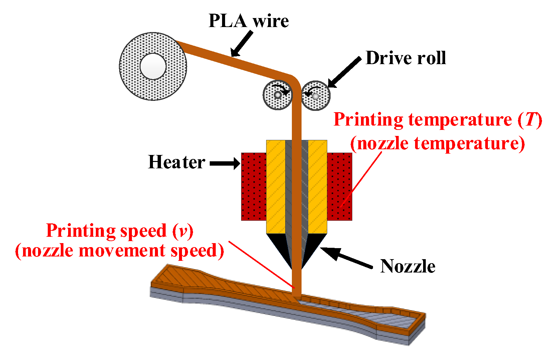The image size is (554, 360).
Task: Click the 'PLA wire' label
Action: (248, 21)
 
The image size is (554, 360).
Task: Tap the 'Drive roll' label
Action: (405, 58)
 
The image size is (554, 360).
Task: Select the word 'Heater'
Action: (176, 162)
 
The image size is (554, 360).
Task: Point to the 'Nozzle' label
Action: (407, 266)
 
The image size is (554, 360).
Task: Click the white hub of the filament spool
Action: (153, 66)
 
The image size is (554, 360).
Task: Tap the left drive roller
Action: (277, 95)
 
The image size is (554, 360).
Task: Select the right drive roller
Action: (316, 96)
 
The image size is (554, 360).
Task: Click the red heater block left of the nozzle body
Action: (253, 186)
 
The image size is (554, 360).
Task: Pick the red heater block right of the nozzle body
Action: (339, 186)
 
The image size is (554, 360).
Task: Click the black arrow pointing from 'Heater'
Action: (224, 163)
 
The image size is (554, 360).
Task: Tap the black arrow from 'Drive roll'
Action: (344, 72)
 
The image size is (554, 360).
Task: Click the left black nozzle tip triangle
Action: (280, 247)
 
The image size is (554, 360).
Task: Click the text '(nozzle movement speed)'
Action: (120, 250)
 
